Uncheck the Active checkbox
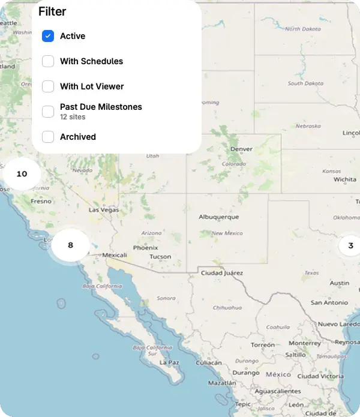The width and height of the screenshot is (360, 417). point(48,36)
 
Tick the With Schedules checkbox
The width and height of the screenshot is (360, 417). point(48,61)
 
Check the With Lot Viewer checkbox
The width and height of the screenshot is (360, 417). point(48,86)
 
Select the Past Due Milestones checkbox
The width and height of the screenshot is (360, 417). point(48,111)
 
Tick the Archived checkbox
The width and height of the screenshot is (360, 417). point(48,137)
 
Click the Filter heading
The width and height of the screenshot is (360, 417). point(52,11)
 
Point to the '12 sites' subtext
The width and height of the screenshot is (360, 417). point(73,117)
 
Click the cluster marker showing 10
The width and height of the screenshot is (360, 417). point(22,174)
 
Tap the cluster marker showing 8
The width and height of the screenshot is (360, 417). point(70,245)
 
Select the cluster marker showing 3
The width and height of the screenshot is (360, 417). point(350,245)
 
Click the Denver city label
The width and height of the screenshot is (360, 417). point(241,148)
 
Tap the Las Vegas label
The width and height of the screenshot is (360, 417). point(104,210)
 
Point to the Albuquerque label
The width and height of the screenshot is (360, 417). point(219,217)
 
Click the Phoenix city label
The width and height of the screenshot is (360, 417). point(145,247)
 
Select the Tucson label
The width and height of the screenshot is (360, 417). point(160,256)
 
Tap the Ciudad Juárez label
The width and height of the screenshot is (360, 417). point(221,273)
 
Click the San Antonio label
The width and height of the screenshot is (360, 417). point(329,302)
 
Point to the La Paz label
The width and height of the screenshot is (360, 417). point(169,362)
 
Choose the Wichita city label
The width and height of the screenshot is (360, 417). point(345,179)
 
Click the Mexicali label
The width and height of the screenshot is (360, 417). point(115,255)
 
